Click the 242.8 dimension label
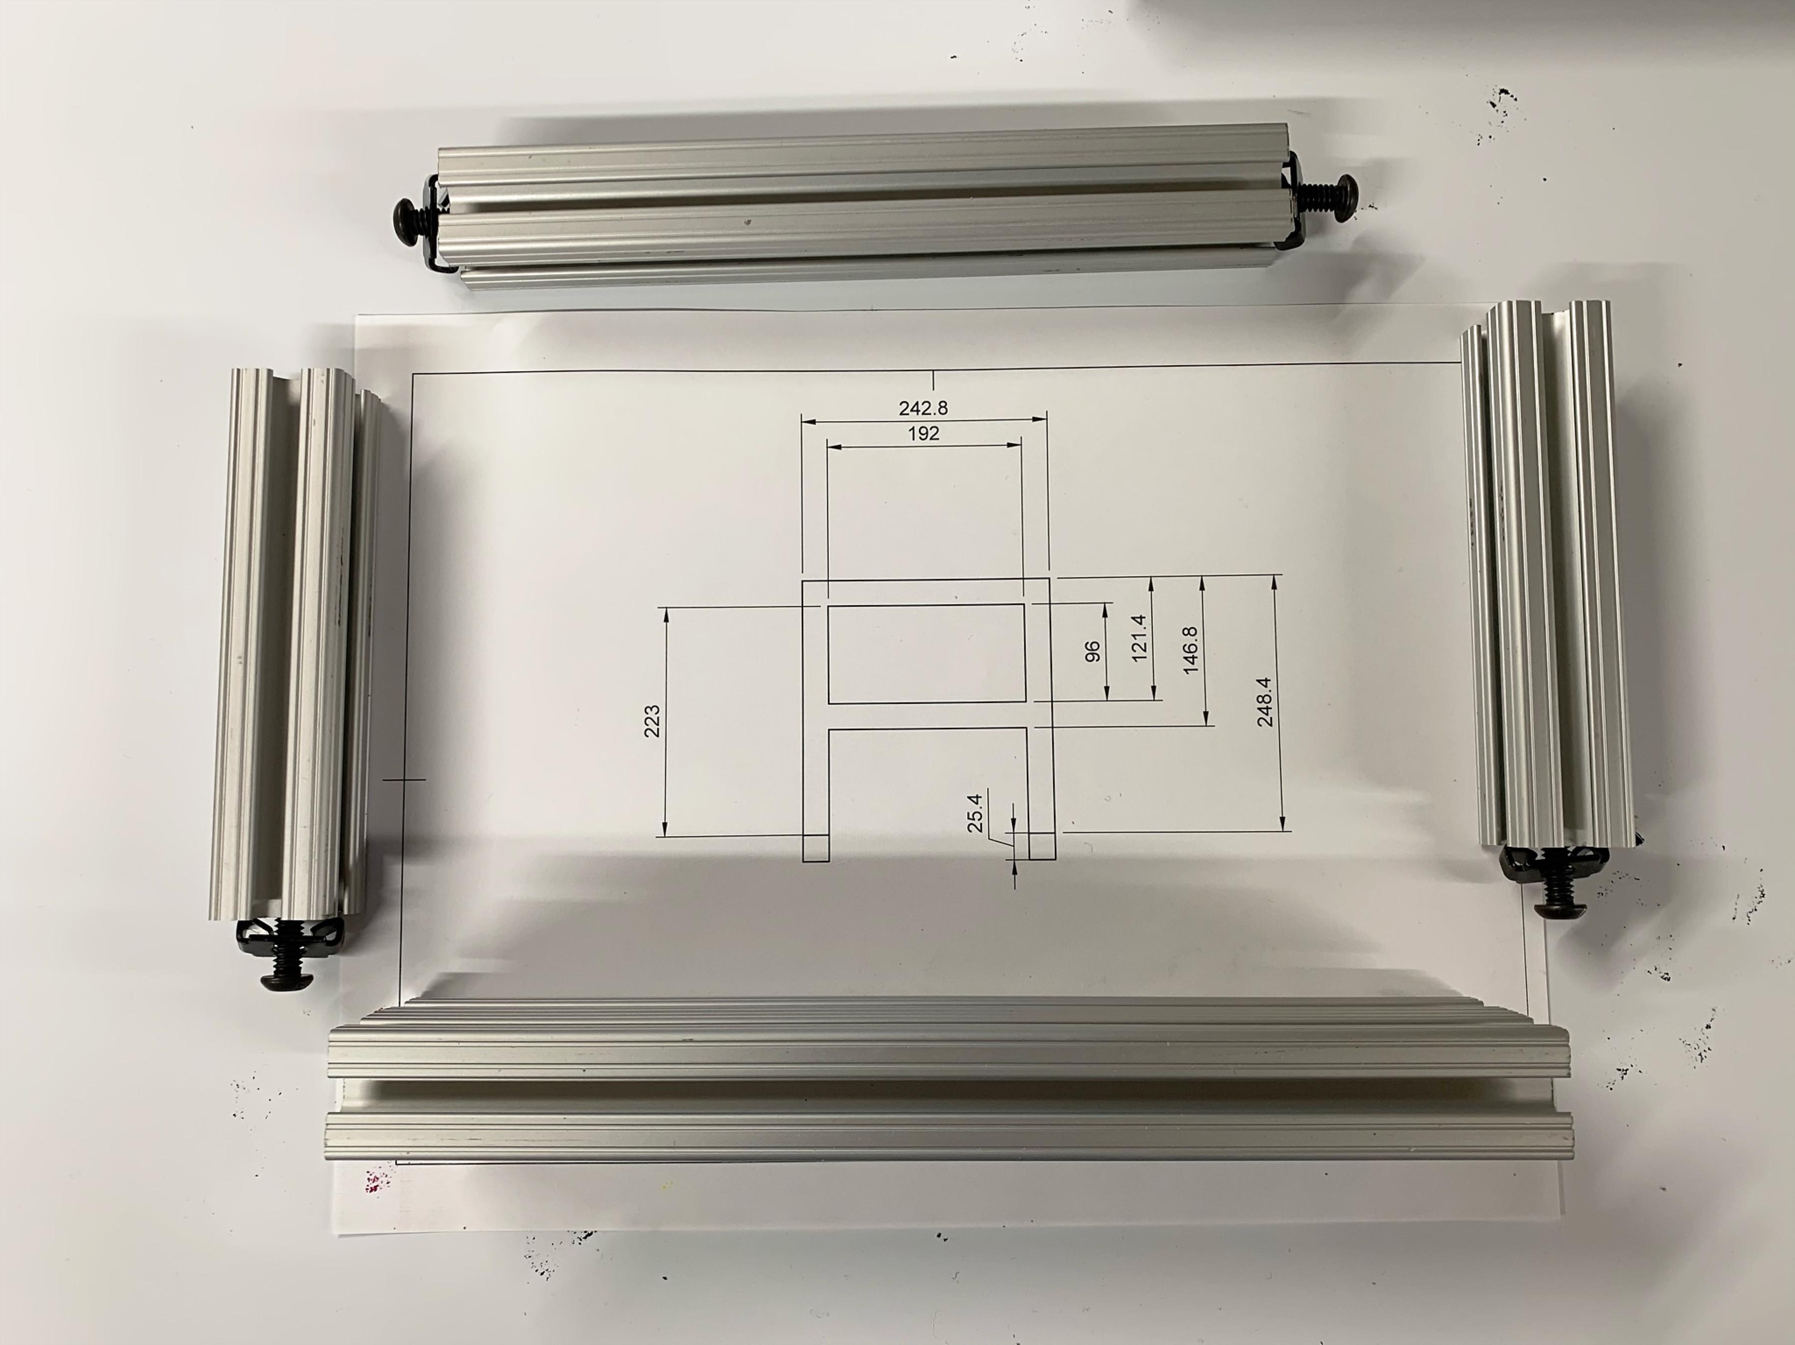(922, 407)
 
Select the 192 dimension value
(923, 433)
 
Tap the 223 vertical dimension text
(652, 721)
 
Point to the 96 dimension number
(1092, 651)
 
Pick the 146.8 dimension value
(1191, 649)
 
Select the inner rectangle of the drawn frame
(925, 653)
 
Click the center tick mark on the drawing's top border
(935, 380)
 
